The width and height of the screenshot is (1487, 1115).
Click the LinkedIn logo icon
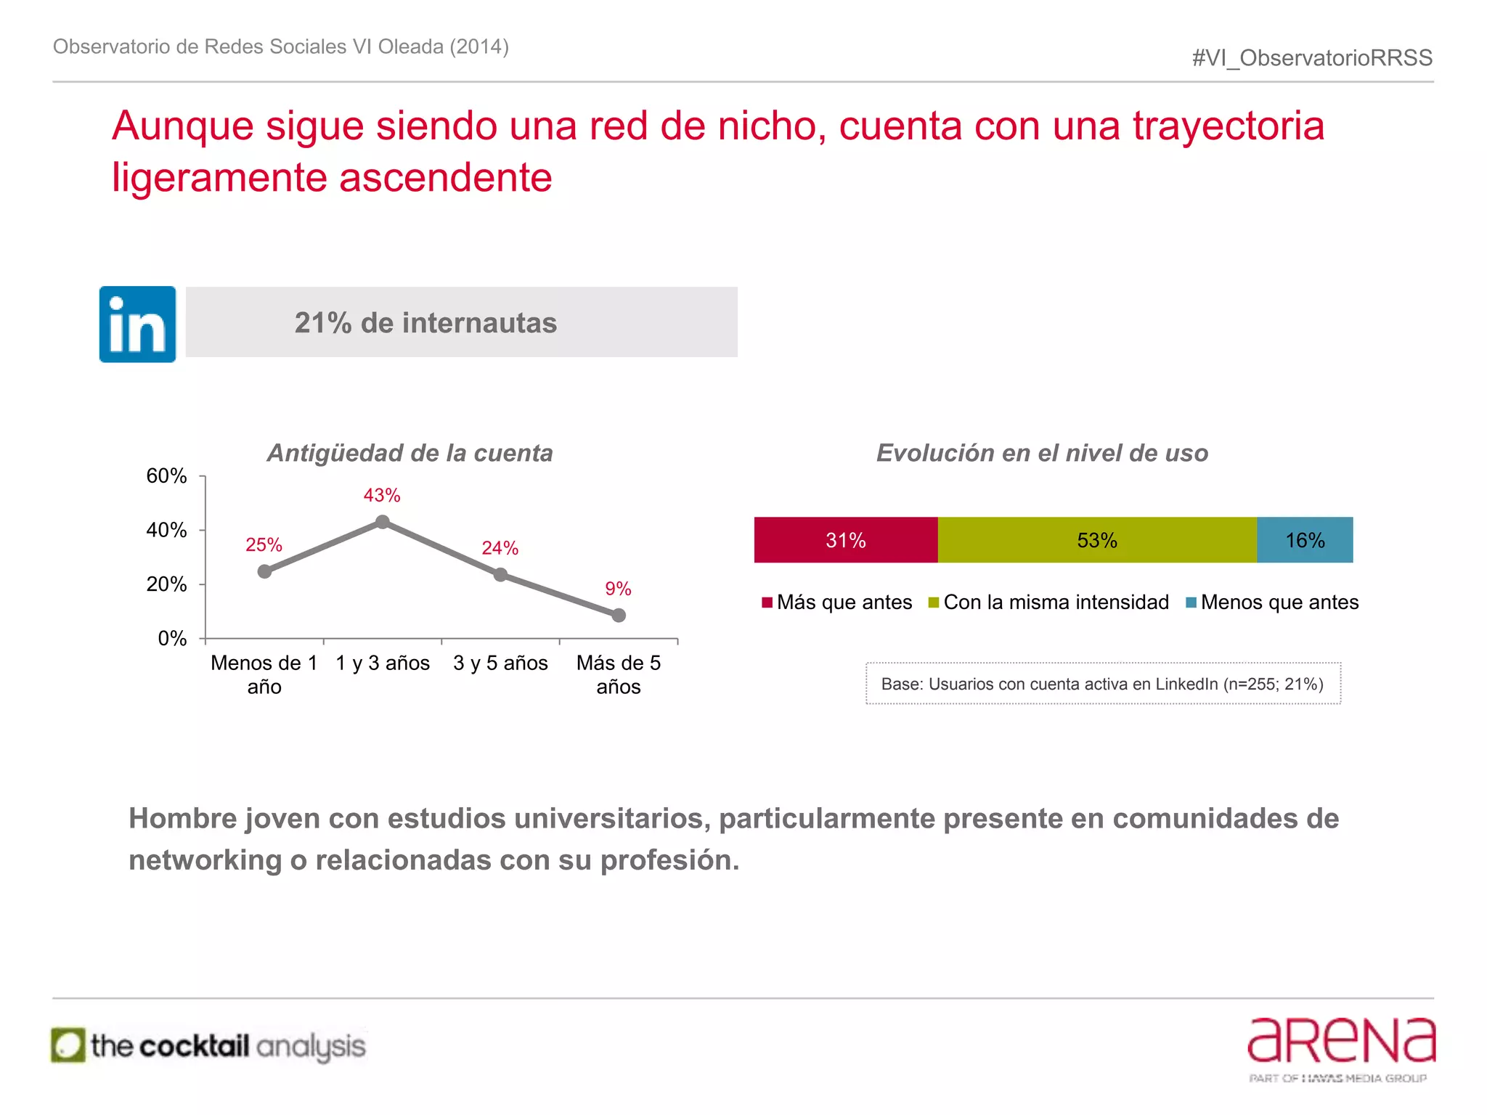click(x=137, y=324)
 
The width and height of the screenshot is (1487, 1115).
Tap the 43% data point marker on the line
click(x=383, y=522)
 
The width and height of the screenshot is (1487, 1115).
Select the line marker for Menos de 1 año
click(x=265, y=571)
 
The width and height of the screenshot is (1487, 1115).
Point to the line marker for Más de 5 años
click(x=619, y=615)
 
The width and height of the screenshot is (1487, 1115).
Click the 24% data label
click(x=500, y=548)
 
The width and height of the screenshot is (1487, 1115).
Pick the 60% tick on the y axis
click(x=167, y=476)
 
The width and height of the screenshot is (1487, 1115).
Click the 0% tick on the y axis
click(x=173, y=639)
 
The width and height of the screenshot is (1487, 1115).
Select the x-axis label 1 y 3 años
click(x=383, y=663)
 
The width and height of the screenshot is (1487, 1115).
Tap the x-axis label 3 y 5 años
click(x=500, y=663)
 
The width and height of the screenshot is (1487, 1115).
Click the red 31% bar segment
click(x=846, y=540)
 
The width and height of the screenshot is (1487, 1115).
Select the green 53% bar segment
click(x=1096, y=540)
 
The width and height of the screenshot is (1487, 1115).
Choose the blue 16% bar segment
click(x=1305, y=540)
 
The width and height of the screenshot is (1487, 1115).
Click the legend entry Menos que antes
click(x=1272, y=603)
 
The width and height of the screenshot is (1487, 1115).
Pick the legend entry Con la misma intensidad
click(x=1048, y=603)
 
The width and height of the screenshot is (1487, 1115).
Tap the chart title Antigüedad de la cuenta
click(x=410, y=453)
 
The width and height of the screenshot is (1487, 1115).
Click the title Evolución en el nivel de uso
click(x=1042, y=453)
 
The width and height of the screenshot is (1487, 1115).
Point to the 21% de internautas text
click(x=425, y=323)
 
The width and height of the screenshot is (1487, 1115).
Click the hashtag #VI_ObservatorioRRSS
click(x=1312, y=58)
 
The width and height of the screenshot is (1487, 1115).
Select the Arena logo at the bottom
click(x=1340, y=1048)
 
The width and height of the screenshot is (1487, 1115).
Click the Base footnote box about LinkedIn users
click(x=1102, y=684)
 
